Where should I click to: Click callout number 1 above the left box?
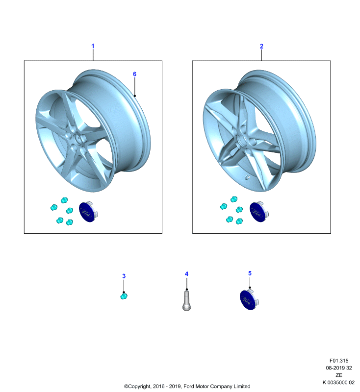click(x=93, y=46)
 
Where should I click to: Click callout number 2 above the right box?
click(x=261, y=46)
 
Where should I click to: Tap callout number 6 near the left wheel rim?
click(x=134, y=74)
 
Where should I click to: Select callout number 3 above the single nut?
click(x=124, y=276)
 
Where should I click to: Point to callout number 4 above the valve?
click(x=186, y=274)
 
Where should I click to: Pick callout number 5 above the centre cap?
click(x=250, y=273)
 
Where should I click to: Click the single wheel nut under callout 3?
click(x=124, y=296)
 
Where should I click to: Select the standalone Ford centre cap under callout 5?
click(x=249, y=299)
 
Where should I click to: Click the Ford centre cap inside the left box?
click(x=88, y=212)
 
